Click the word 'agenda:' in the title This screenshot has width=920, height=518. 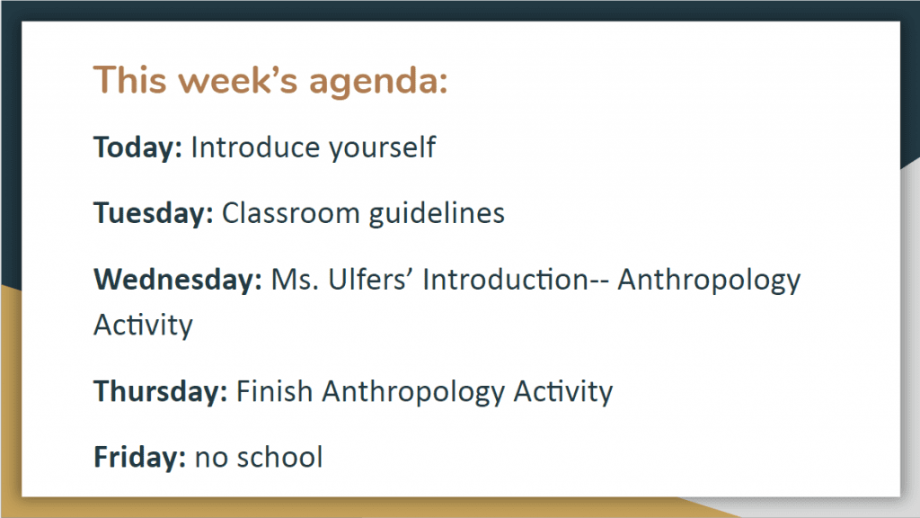pos(378,82)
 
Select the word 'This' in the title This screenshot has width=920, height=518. pos(130,79)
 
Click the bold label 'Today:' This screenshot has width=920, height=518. pos(137,147)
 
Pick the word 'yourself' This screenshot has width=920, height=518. pos(383,147)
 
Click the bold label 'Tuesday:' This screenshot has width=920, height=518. pos(153,213)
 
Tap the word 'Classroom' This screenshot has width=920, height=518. pos(290,212)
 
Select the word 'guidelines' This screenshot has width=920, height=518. pos(437,213)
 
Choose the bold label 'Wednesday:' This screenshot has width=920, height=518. pos(178,279)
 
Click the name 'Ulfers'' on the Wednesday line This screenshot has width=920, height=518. pos(371,279)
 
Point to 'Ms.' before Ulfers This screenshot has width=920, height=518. pos(295,280)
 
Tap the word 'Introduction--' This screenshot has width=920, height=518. pos(516,279)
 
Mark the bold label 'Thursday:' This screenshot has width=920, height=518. pos(160,391)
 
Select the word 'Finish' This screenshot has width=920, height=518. pos(274,391)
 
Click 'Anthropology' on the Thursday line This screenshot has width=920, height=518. pos(413,392)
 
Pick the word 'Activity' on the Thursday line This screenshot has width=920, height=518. pos(563,392)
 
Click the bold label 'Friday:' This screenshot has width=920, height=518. pos(139,457)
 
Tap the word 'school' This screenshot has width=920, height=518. pos(280,457)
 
